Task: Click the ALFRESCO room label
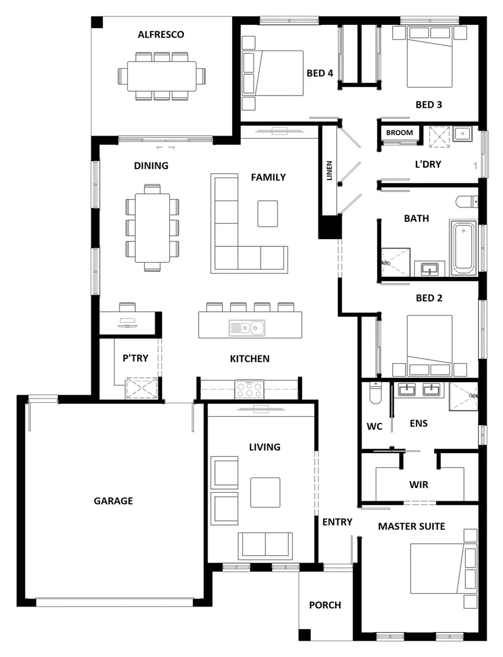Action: click(161, 35)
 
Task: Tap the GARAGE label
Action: click(113, 501)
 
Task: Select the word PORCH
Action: click(325, 605)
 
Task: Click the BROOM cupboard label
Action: click(399, 133)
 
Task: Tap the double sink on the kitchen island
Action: click(247, 327)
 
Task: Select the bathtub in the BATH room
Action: click(465, 248)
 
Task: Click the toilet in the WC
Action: click(375, 395)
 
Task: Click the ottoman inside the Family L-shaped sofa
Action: click(267, 213)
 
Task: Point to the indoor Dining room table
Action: click(152, 228)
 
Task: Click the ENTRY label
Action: click(337, 521)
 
